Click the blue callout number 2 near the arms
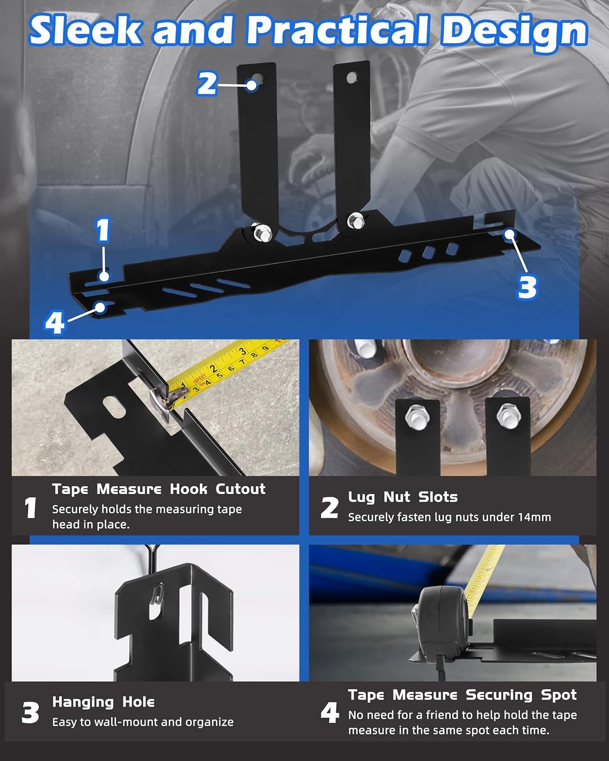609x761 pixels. pyautogui.click(x=207, y=83)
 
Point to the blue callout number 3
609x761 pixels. pyautogui.click(x=527, y=286)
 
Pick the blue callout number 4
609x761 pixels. pyautogui.click(x=55, y=323)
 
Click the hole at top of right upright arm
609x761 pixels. pyautogui.click(x=351, y=78)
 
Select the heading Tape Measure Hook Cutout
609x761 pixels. pyautogui.click(x=159, y=489)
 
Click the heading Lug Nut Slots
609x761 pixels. pyautogui.click(x=403, y=497)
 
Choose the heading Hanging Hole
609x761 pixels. pyautogui.click(x=104, y=702)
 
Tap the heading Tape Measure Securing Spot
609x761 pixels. pyautogui.click(x=462, y=695)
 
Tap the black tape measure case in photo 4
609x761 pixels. pyautogui.click(x=439, y=625)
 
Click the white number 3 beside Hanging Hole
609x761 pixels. pyautogui.click(x=30, y=713)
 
